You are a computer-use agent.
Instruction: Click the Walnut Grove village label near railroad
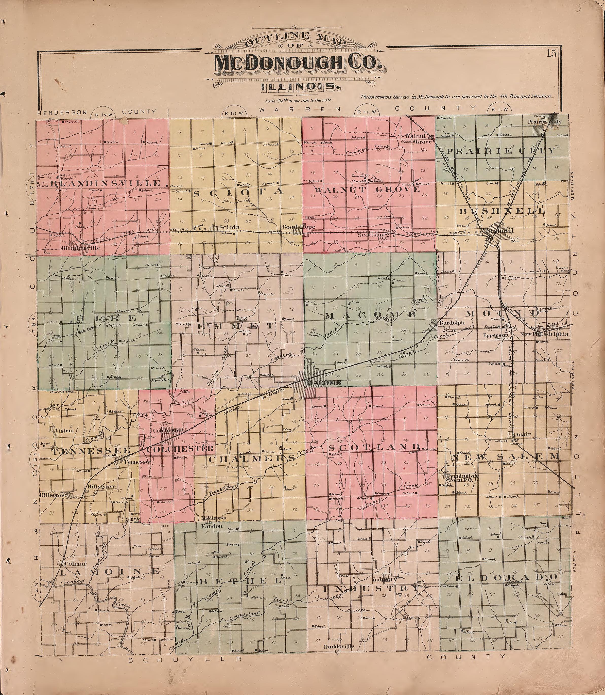click(x=418, y=139)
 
